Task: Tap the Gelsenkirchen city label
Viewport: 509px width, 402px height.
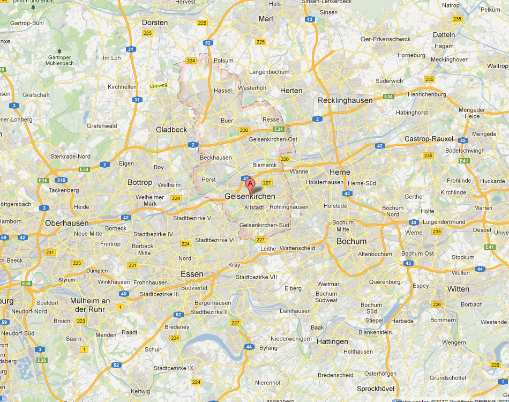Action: coord(250,197)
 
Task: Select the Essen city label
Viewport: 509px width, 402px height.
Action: coord(192,274)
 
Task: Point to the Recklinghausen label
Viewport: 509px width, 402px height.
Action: coord(345,100)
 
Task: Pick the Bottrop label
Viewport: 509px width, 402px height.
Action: coord(140,182)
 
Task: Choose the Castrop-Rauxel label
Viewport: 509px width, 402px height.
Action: coord(429,139)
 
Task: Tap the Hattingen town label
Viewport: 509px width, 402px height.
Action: coord(332,341)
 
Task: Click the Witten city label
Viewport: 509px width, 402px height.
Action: coord(458,289)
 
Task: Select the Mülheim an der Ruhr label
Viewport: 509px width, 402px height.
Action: coord(90,305)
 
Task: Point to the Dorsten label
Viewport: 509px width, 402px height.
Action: coord(155,23)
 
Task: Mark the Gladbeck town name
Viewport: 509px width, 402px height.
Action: coord(171,130)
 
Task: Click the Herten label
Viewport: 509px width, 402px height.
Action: coord(291,91)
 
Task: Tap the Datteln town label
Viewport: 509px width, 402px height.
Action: coord(444,35)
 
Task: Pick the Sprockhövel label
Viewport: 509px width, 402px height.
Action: coord(376,388)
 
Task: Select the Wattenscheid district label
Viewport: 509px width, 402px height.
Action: coord(297,248)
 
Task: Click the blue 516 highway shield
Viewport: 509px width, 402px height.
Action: coord(62,181)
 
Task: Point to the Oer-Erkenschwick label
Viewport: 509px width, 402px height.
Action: coord(386,39)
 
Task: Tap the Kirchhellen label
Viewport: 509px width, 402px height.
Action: coord(122,86)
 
